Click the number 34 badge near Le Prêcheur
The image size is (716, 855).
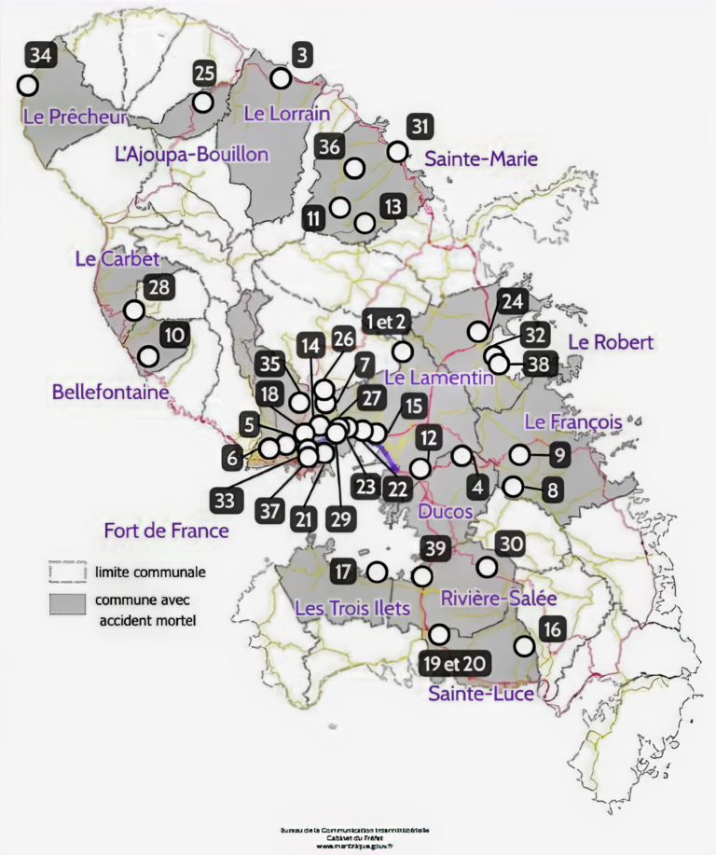point(40,56)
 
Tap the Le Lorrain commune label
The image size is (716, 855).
point(286,114)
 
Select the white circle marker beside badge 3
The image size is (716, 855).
point(281,77)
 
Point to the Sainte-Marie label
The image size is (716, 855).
point(481,159)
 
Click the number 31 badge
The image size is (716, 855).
point(421,127)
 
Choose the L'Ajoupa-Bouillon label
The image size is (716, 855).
point(191,154)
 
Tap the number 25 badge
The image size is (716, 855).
point(205,73)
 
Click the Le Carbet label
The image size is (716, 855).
point(117,259)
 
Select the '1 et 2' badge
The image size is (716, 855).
point(385,322)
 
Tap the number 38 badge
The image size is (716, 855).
point(539,364)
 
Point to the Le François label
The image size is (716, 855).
point(572,422)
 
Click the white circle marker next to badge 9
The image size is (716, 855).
point(519,455)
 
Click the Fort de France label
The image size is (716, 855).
point(167,531)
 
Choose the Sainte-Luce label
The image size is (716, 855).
point(481,694)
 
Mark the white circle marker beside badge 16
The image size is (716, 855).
point(525,645)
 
